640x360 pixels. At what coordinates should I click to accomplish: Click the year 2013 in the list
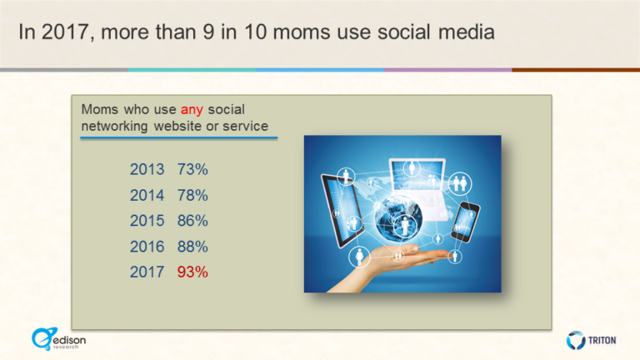click(x=147, y=169)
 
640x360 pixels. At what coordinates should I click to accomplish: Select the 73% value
click(x=192, y=169)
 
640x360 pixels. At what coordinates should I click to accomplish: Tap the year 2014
click(x=147, y=195)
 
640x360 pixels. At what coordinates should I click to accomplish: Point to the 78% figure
click(x=192, y=195)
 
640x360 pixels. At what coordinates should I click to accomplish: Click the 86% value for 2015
click(x=192, y=221)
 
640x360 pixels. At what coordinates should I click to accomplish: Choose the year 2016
click(x=147, y=247)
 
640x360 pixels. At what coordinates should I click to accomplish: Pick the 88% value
click(x=192, y=247)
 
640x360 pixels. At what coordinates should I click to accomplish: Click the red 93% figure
click(x=192, y=272)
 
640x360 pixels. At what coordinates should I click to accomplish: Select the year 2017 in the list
click(x=147, y=272)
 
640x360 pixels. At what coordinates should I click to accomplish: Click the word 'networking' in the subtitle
click(x=115, y=126)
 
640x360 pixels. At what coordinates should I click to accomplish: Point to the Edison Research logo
click(x=57, y=338)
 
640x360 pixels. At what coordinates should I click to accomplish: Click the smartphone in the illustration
click(x=464, y=221)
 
